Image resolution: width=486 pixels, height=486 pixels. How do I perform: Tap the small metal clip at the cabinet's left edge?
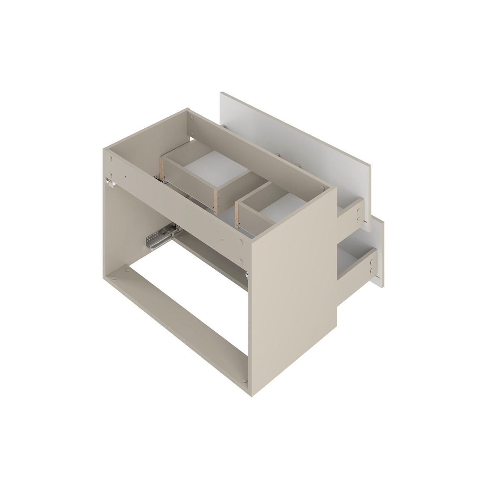click(109, 182)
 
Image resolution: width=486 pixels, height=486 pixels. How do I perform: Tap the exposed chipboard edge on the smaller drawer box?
click(238, 214)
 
